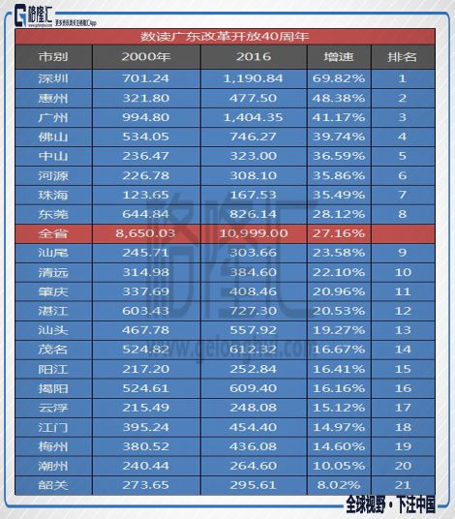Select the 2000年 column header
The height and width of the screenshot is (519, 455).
click(147, 56)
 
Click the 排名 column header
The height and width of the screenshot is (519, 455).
click(401, 56)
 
